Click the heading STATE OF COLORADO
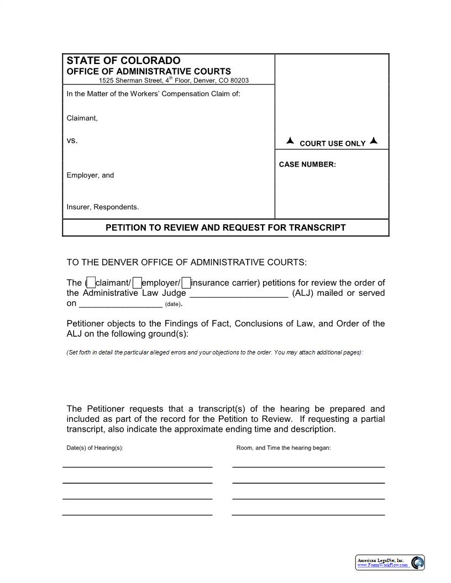pos(123,61)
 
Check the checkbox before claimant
pos(91,283)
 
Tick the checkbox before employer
pos(137,283)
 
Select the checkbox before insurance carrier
pos(186,283)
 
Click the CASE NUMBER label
pos(307,165)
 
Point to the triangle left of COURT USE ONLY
pos(290,141)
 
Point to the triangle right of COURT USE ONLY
pos(374,141)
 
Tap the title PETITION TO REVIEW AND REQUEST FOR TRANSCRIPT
pos(225,227)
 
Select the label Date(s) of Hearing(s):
pos(95,448)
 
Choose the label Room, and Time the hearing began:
pos(283,448)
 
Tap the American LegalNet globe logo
pos(418,563)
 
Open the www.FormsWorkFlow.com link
pos(382,565)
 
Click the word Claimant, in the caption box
pos(82,118)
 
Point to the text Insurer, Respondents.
pos(103,207)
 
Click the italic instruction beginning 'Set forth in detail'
pos(214,352)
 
